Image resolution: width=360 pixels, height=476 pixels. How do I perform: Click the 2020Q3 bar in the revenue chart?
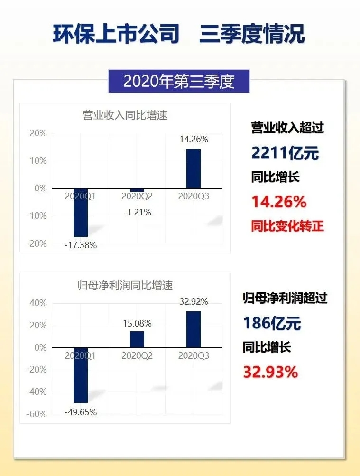click(x=193, y=168)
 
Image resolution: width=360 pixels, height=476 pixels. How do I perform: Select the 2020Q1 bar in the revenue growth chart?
click(x=80, y=212)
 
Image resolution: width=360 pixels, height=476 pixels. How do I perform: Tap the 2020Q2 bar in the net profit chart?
click(x=137, y=339)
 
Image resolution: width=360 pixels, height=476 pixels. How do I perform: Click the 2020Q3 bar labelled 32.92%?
click(x=193, y=329)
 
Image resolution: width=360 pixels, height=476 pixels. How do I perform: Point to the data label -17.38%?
click(x=81, y=245)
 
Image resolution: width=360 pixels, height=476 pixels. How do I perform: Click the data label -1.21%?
click(x=137, y=213)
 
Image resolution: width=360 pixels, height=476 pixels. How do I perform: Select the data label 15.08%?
click(x=137, y=324)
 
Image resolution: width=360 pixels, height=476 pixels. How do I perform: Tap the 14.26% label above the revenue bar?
click(x=194, y=140)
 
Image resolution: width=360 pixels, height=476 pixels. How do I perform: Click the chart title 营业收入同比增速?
click(x=125, y=115)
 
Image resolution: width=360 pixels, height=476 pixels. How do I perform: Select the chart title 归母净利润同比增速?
click(x=125, y=286)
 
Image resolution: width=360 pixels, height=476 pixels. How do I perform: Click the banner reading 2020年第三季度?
click(x=179, y=82)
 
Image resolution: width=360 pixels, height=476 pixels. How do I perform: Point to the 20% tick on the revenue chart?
click(x=38, y=133)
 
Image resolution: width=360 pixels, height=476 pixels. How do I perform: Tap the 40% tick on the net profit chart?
click(x=38, y=303)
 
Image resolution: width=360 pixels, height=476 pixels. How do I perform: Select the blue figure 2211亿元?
click(x=285, y=153)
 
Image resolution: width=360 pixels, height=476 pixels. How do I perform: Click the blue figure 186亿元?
click(x=272, y=323)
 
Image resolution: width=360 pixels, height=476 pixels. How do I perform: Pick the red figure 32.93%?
click(x=270, y=372)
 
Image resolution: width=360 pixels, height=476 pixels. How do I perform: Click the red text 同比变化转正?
click(x=287, y=226)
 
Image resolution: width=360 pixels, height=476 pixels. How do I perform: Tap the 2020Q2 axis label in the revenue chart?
click(x=137, y=196)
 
